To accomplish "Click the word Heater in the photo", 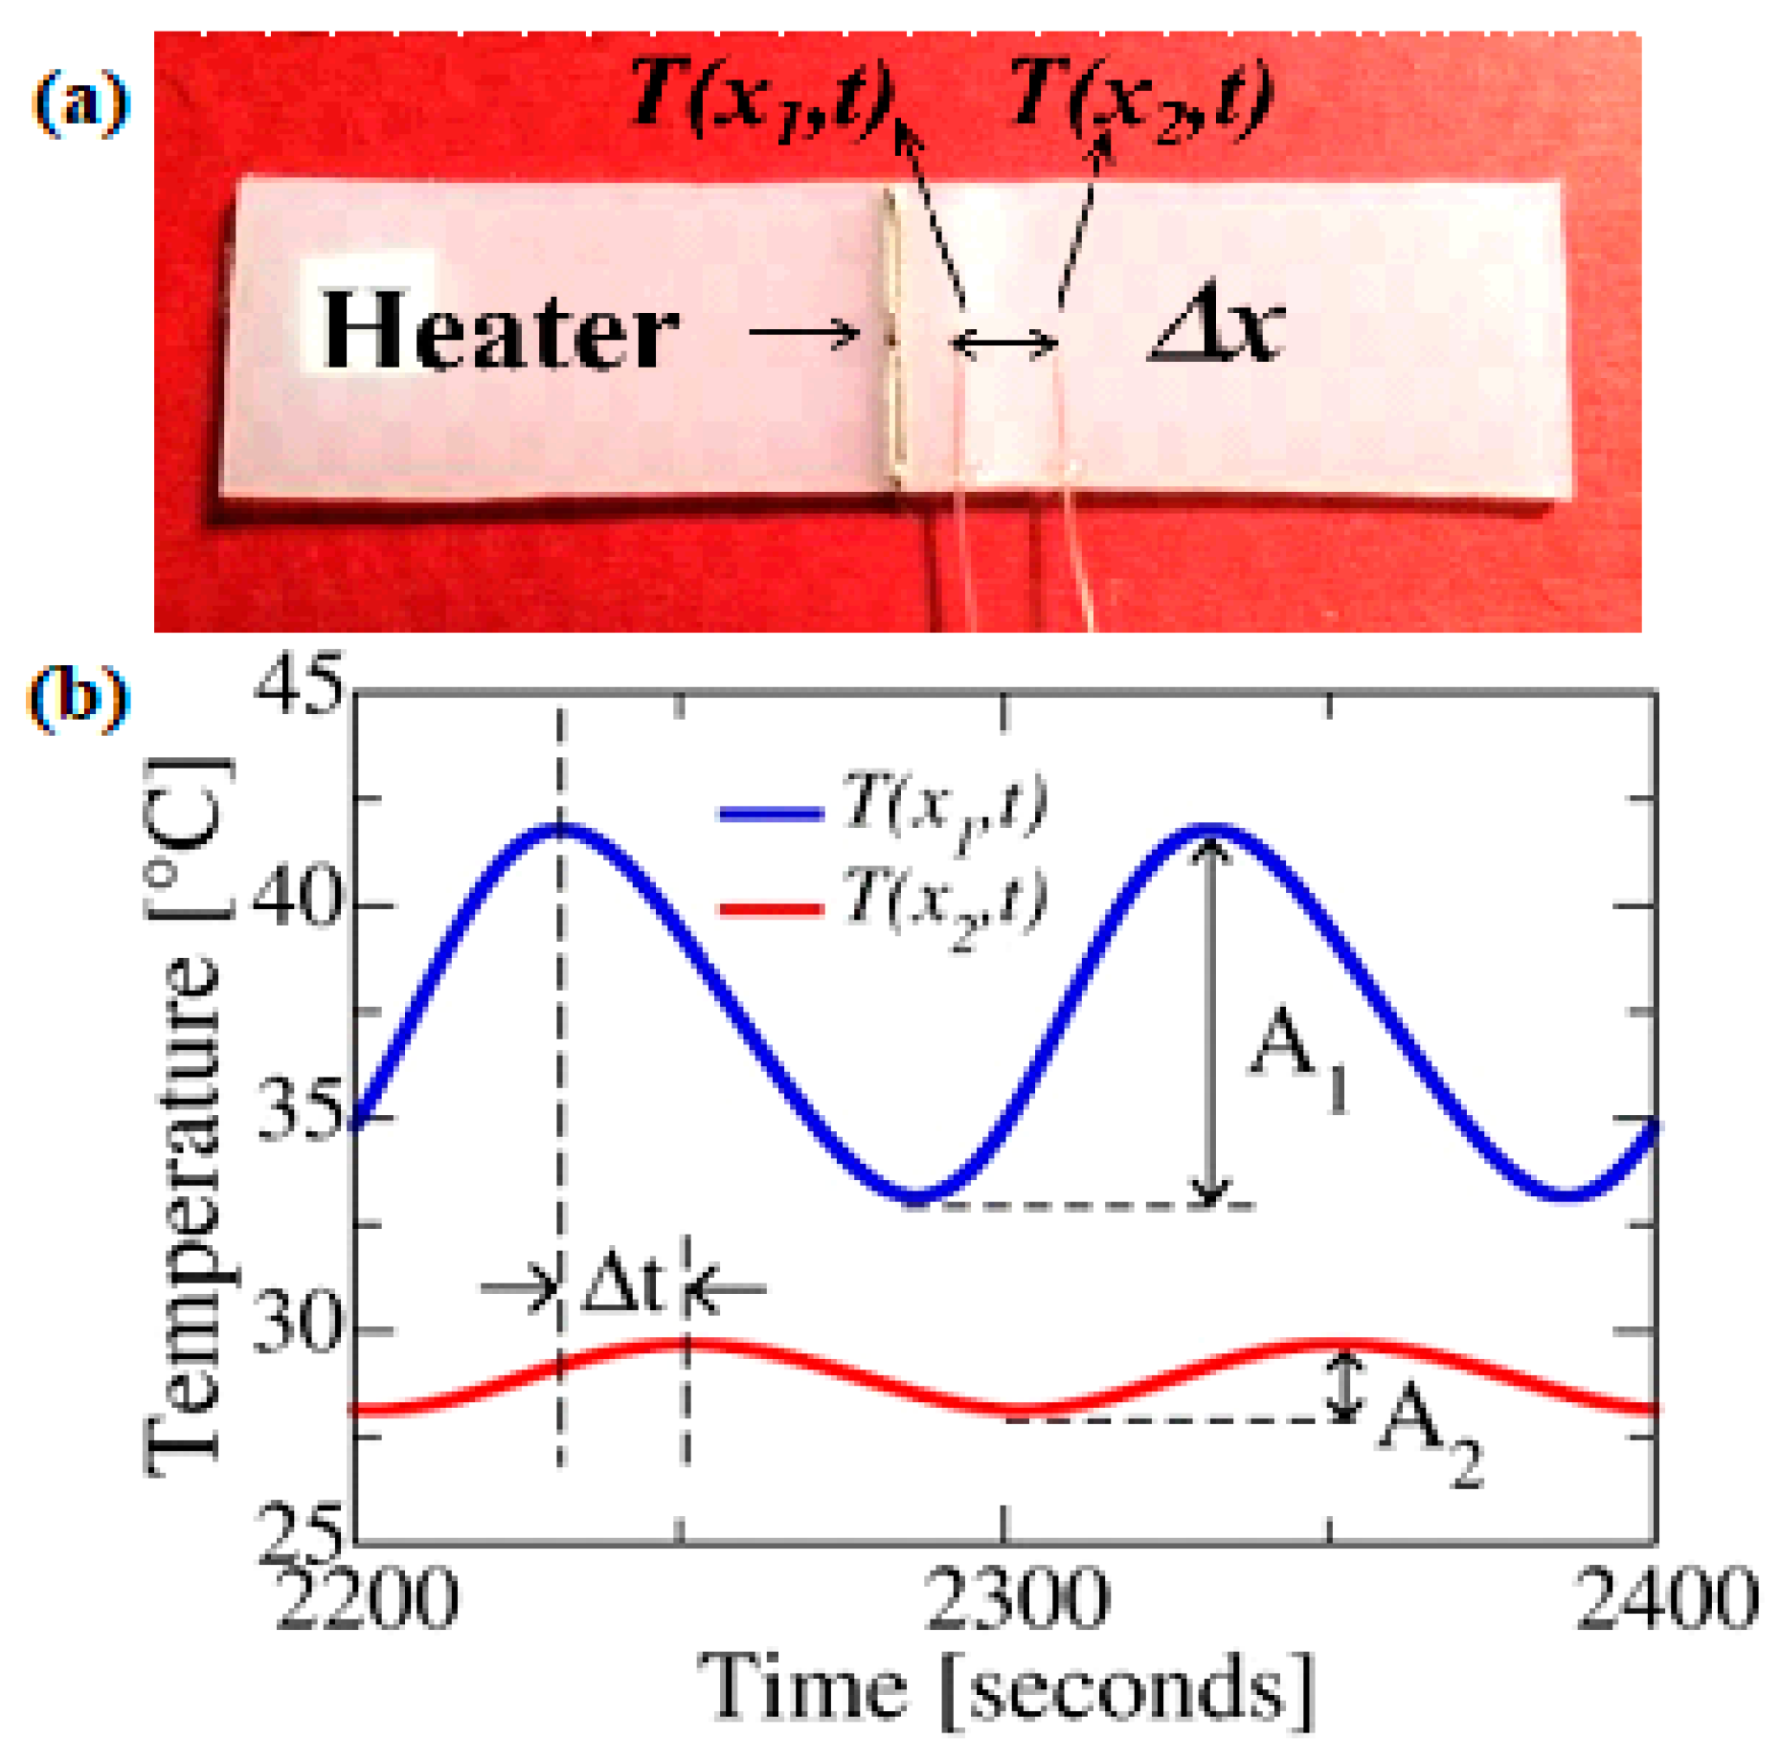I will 500,330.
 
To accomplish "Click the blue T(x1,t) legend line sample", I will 771,814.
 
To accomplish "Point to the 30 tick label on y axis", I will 298,1325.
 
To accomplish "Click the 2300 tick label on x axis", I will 1016,1598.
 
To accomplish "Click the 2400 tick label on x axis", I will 1666,1598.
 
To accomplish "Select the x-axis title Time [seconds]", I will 1005,1689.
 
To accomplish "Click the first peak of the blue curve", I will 561,827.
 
